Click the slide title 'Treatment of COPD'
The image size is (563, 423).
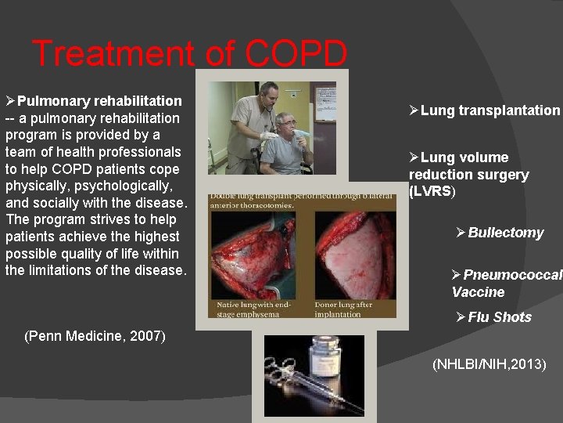190,54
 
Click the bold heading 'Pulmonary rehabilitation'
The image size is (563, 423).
99,101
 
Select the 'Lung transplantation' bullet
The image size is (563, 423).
490,110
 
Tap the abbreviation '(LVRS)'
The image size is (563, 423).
432,192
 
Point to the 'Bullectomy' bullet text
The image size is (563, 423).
505,233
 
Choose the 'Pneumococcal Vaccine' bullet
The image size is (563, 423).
506,284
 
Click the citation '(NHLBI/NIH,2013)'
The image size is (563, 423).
489,364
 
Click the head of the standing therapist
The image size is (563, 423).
268,92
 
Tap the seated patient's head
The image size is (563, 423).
285,124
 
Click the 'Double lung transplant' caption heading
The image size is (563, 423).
301,200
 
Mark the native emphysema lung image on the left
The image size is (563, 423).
258,255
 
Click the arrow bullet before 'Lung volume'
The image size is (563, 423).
414,157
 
